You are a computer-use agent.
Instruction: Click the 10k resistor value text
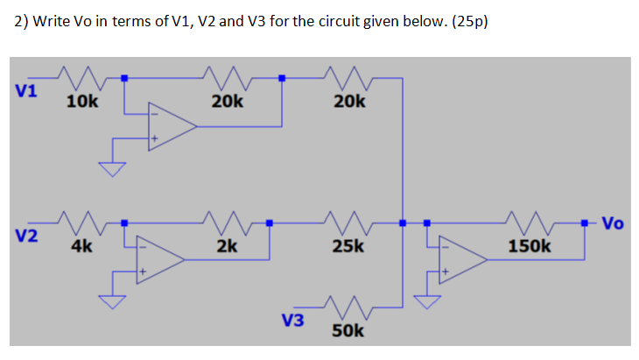82,102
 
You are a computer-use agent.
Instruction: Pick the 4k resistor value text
81,247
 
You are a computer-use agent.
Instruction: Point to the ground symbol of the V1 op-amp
111,168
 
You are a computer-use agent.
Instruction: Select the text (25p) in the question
467,22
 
